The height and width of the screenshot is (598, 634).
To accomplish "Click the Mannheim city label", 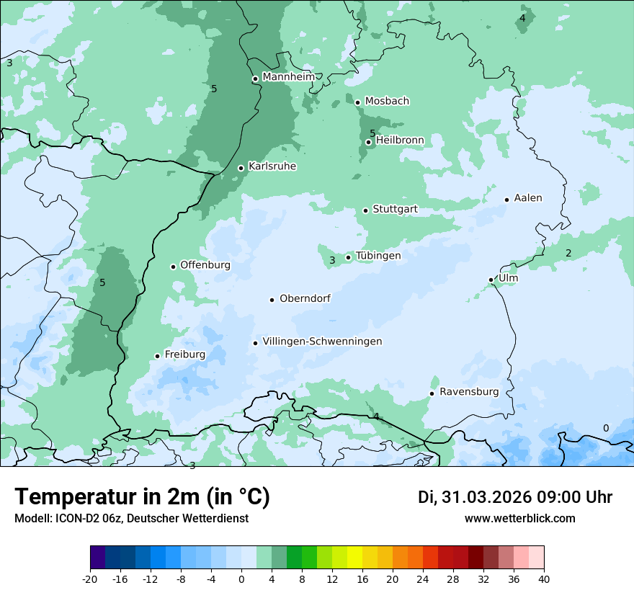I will pyautogui.click(x=288, y=77).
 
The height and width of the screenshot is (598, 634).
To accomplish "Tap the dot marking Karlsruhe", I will pyautogui.click(x=241, y=168).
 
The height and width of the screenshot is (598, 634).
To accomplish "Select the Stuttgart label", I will pyautogui.click(x=395, y=210).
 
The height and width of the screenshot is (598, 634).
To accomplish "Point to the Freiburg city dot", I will pyautogui.click(x=157, y=356).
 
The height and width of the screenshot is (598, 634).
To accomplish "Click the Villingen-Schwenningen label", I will pyautogui.click(x=322, y=342).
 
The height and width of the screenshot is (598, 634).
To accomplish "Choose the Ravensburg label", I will pyautogui.click(x=469, y=392).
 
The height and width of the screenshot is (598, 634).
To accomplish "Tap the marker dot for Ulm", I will pyautogui.click(x=491, y=280).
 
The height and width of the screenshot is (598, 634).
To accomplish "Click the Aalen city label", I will pyautogui.click(x=528, y=198).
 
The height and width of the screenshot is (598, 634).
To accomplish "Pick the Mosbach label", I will pyautogui.click(x=387, y=102).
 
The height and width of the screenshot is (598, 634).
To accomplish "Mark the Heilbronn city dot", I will pyautogui.click(x=368, y=142).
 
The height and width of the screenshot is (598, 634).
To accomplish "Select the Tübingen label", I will pyautogui.click(x=378, y=256).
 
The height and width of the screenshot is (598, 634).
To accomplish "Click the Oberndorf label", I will pyautogui.click(x=305, y=298).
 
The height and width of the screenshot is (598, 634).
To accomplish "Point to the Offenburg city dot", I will pyautogui.click(x=173, y=267).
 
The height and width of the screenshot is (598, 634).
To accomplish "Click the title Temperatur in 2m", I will pyautogui.click(x=142, y=497).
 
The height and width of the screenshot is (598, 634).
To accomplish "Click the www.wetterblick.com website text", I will pyautogui.click(x=519, y=519).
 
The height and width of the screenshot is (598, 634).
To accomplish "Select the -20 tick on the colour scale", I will pyautogui.click(x=90, y=579).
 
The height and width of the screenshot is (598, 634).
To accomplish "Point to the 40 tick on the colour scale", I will pyautogui.click(x=544, y=579).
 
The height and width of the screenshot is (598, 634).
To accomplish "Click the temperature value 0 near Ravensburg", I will pyautogui.click(x=605, y=428).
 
